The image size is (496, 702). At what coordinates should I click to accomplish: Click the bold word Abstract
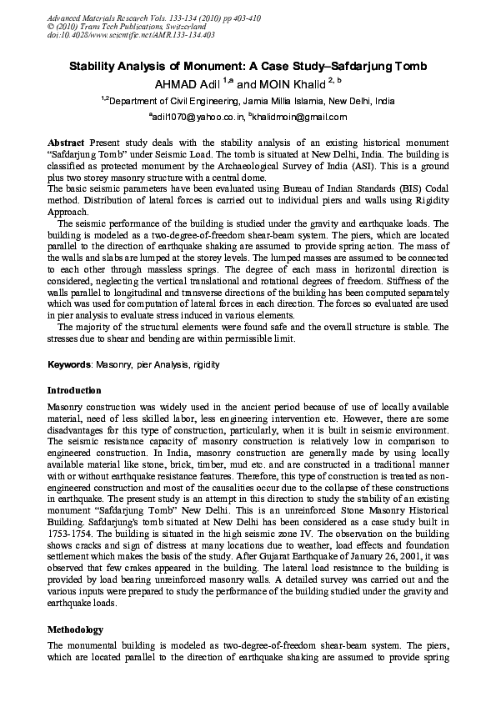point(66,143)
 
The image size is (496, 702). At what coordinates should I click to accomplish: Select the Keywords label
point(69,364)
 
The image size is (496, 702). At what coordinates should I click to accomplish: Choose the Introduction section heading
point(74,390)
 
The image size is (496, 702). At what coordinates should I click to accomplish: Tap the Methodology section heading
point(74,629)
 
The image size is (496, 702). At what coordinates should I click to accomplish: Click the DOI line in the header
point(119,34)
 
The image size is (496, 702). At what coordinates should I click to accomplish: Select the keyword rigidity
point(206,364)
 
